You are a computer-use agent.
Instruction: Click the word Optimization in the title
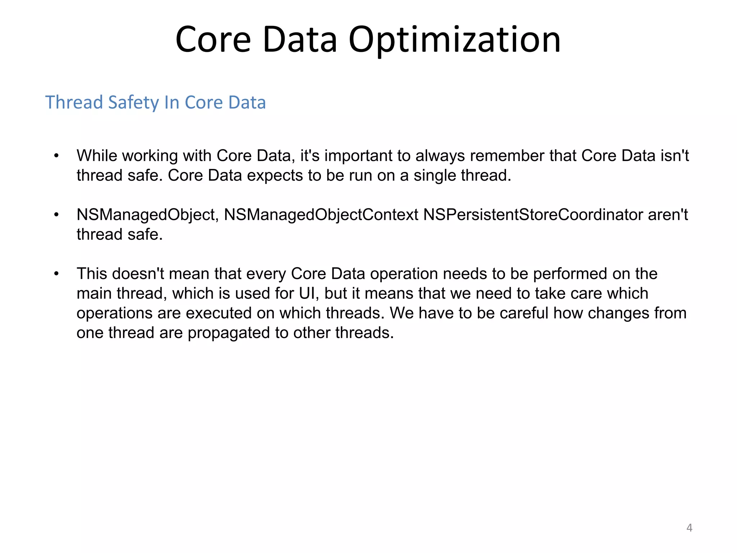click(x=455, y=40)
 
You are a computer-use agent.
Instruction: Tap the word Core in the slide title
click(x=213, y=40)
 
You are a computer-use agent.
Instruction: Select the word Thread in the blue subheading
click(x=74, y=102)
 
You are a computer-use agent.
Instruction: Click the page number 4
click(x=689, y=528)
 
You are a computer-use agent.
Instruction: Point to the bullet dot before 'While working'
click(x=56, y=156)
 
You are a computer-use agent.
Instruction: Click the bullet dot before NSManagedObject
click(x=56, y=215)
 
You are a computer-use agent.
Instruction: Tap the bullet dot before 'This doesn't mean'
click(x=56, y=274)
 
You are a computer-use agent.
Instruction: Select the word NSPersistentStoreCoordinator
click(x=533, y=215)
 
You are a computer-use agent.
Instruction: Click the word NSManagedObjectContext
click(x=321, y=215)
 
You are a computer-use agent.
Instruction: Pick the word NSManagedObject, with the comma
click(x=148, y=215)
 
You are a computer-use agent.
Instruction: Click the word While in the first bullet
click(x=97, y=156)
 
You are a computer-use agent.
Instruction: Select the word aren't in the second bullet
click(x=668, y=215)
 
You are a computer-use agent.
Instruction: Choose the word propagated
click(x=229, y=333)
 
